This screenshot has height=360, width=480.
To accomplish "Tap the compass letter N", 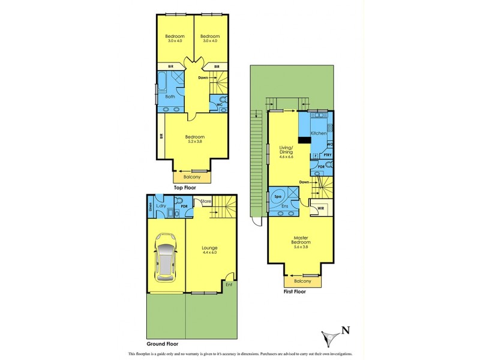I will coord(344,329).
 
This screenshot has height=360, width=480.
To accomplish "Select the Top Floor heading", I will coord(185,188).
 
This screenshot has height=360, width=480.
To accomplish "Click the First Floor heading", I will coord(295,292).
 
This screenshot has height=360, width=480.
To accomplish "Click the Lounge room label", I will coord(209,247).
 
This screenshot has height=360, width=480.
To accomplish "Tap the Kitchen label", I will coord(319,133).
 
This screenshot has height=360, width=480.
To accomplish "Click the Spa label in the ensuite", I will coord(278,196).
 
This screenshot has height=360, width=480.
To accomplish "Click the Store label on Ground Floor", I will coord(206,201).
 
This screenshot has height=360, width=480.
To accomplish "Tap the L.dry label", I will coord(160,206).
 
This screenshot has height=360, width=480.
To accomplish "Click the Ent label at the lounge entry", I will coord(229,284).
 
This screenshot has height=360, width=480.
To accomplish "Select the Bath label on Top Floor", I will coord(170,96).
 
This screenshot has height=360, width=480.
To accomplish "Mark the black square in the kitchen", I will coord(304,139).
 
